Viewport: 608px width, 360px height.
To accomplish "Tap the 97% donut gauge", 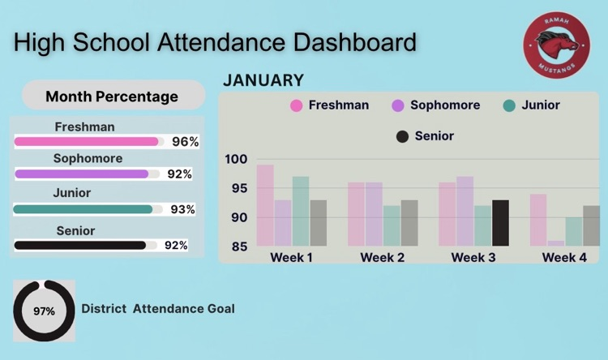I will click(44, 311).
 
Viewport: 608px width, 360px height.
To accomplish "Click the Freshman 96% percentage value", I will click(185, 142).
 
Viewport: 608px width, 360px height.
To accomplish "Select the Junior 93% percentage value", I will click(182, 209).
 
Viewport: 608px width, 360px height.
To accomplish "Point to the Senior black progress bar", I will click(80, 245).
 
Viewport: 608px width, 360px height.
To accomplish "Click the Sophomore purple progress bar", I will click(82, 174).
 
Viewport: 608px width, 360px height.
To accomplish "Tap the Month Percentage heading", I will click(112, 96).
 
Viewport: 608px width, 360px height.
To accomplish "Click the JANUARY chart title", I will click(263, 80).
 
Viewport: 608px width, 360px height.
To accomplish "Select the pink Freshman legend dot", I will click(296, 105).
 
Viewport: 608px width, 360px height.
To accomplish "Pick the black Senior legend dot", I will click(402, 136).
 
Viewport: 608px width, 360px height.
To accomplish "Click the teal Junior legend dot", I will click(509, 105).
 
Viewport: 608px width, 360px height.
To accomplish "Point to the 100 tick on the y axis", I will click(237, 159).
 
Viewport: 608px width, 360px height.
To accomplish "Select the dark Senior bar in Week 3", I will click(501, 223).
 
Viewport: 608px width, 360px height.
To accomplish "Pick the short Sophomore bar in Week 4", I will click(556, 242).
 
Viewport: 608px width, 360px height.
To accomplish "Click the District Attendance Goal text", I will click(158, 309).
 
